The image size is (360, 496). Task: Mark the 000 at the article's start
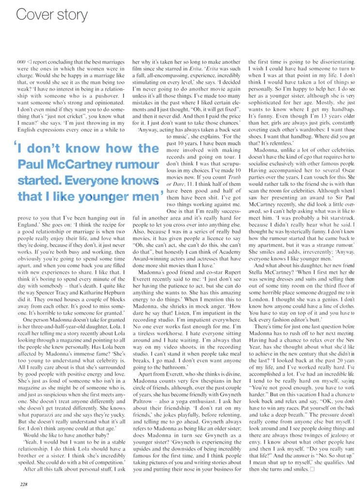click(20, 63)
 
